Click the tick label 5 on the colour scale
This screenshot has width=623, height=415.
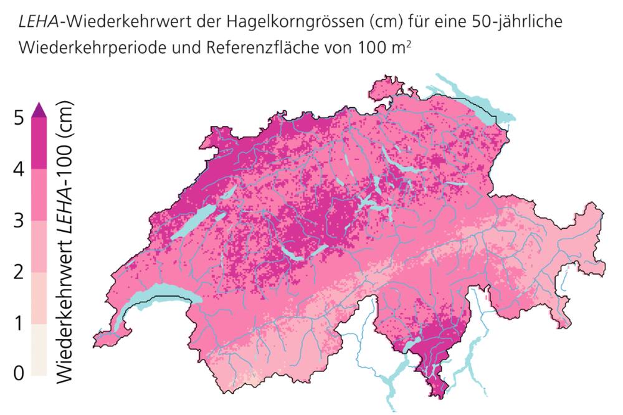coord(19,117)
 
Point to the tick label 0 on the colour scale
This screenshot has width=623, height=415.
coord(19,374)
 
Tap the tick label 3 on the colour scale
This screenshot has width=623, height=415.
coord(19,220)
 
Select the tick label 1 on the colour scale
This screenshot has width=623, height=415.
coord(19,323)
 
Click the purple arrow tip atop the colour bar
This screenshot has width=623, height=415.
coord(39,110)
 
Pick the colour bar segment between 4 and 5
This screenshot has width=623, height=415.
coord(39,143)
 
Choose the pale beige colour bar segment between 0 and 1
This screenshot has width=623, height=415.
coord(39,349)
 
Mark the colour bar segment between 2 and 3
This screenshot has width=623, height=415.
coord(39,246)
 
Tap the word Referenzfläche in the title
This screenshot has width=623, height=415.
coord(255,47)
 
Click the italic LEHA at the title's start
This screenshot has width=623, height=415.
coord(37,22)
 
